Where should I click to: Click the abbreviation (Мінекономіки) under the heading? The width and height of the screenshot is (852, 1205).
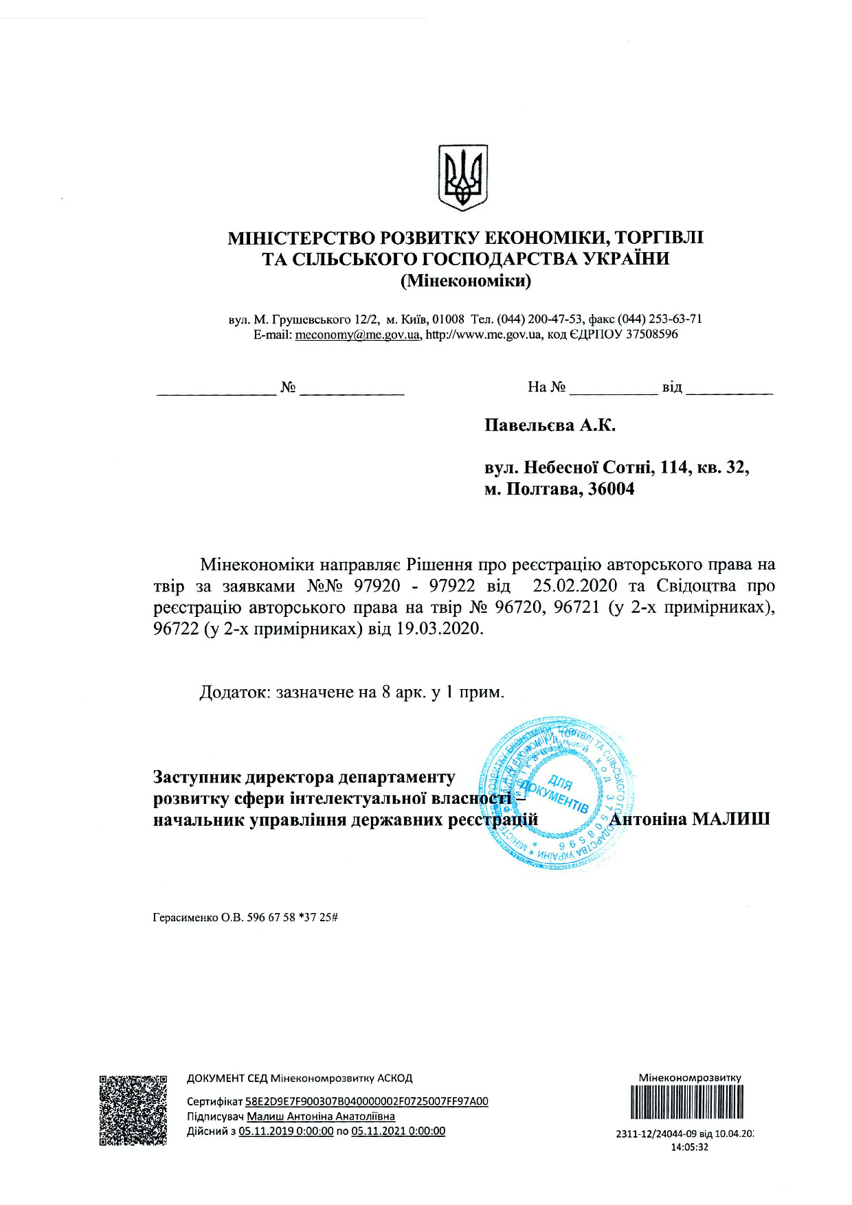point(465,281)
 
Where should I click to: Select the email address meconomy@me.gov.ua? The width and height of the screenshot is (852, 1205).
point(357,335)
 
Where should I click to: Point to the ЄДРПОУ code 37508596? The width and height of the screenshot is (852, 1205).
point(651,335)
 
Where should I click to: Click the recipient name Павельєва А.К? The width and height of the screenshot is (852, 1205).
point(550,425)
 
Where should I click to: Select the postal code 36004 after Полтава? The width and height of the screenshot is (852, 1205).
point(612,489)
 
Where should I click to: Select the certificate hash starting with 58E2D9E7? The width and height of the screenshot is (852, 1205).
point(366,1101)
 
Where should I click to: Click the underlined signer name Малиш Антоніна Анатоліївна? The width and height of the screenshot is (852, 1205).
point(321,1116)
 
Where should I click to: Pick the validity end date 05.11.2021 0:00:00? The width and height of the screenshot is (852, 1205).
point(398,1131)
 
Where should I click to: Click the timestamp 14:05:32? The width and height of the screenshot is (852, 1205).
point(689,1147)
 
